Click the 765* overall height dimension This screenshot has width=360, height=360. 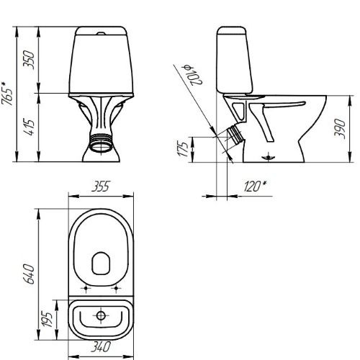pos(6,94)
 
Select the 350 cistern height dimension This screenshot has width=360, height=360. pos(29,60)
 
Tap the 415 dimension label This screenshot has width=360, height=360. pos(30,127)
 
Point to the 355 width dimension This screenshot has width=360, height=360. pos(101,186)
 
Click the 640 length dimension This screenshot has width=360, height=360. pos(30,274)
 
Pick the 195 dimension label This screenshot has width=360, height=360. pos(47,320)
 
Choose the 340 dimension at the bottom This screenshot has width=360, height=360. pos(101,346)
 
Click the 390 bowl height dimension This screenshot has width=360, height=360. pos(340,129)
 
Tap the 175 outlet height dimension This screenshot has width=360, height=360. pos(183,149)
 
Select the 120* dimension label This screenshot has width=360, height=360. pos(255,186)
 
